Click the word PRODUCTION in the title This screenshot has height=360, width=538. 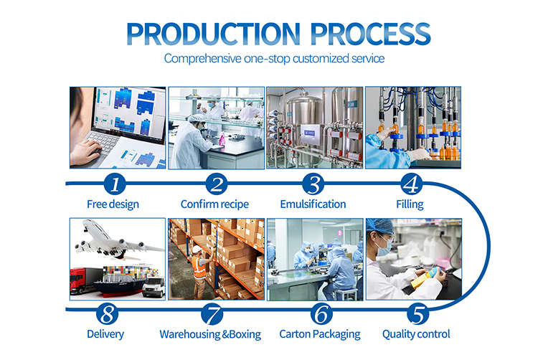click(x=214, y=34)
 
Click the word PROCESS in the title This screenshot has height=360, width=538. click(x=370, y=34)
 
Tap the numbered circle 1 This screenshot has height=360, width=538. click(x=115, y=184)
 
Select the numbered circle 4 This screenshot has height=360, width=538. click(x=412, y=184)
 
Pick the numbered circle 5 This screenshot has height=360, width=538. click(x=418, y=313)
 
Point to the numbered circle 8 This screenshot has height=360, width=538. click(x=108, y=313)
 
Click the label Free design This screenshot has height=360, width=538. click(x=113, y=204)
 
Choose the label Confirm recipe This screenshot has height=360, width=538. click(x=214, y=204)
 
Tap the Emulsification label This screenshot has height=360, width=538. click(x=313, y=204)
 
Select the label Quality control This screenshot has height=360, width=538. click(x=416, y=334)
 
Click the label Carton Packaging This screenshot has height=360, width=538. click(x=320, y=334)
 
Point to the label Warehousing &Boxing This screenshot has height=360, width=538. click(x=210, y=334)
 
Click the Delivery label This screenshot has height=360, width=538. click(x=105, y=334)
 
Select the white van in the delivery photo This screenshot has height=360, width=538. click(x=154, y=287)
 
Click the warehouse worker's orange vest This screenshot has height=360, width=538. click(x=199, y=267)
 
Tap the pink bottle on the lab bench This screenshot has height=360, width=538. click(x=222, y=139)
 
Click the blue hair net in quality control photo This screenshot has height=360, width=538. click(x=379, y=226)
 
